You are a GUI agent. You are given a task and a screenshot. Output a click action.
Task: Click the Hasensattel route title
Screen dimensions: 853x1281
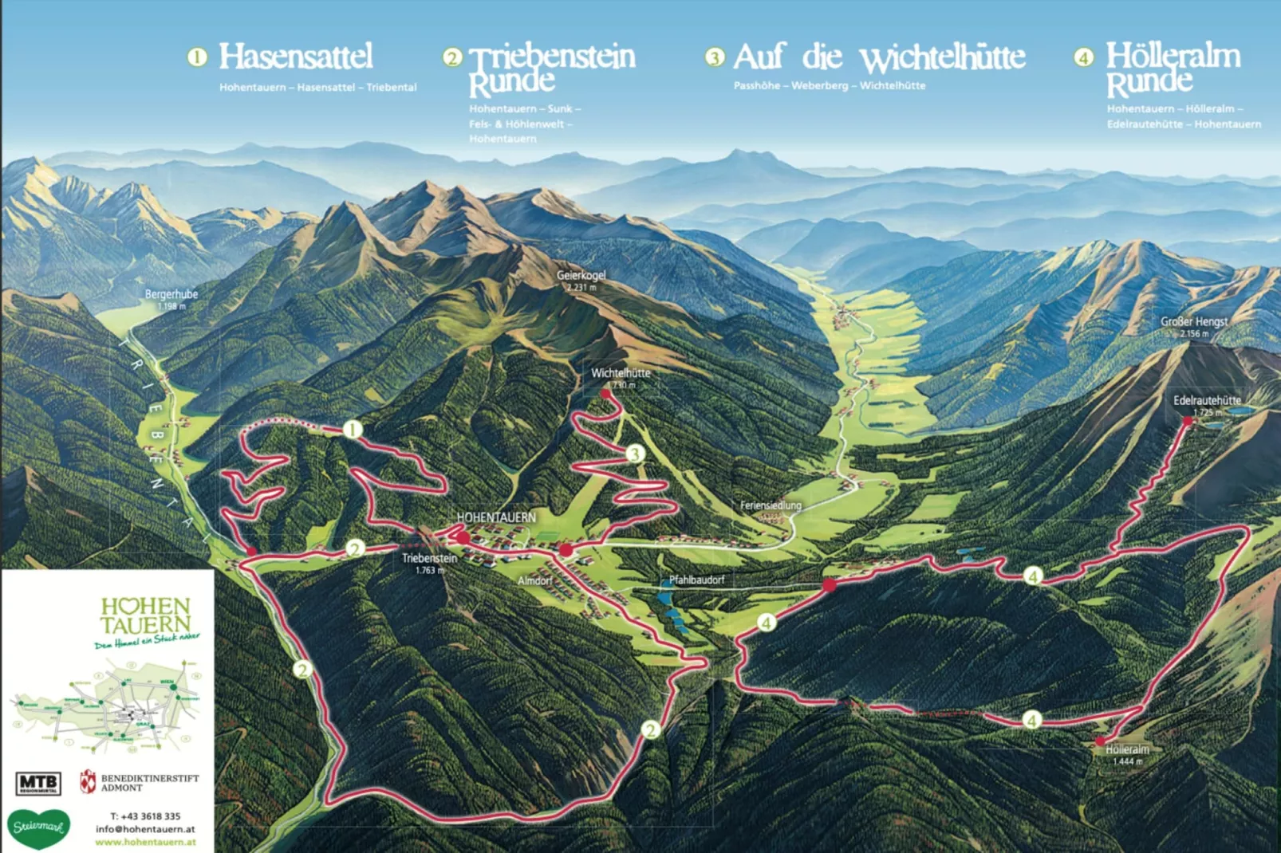point(295,57)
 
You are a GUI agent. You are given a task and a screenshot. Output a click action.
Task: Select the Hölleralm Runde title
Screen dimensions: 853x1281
point(1173,69)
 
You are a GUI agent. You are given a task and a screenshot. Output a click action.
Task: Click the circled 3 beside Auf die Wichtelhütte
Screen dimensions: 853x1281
point(715,57)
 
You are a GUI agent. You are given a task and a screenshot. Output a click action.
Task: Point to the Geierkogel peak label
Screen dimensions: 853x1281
point(581,276)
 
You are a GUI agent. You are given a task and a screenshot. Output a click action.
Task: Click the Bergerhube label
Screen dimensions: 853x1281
point(171,295)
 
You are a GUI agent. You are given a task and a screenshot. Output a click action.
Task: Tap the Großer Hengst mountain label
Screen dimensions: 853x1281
point(1193,322)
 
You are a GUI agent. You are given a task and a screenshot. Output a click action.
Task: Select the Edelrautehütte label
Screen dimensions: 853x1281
point(1206,401)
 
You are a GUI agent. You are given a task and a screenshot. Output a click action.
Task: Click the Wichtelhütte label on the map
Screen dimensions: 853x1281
point(620,373)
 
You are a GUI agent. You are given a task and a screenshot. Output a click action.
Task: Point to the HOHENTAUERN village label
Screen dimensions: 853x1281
point(496,517)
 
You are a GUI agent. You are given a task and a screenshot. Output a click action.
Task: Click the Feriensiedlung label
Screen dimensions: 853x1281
point(770,505)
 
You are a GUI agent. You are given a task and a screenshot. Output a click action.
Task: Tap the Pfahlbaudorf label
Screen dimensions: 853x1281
point(696,580)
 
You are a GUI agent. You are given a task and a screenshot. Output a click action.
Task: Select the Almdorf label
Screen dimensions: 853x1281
point(534,580)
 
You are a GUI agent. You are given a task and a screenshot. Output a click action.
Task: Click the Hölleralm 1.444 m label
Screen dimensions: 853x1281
point(1126,754)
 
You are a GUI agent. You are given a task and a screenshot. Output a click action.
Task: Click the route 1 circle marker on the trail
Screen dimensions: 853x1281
point(353,430)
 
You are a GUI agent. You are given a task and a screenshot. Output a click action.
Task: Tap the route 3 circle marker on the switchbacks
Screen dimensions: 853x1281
point(635,454)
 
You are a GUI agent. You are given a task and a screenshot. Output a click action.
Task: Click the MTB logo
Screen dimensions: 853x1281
point(37,783)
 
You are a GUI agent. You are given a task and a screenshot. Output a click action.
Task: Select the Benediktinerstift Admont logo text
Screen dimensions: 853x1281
point(148,782)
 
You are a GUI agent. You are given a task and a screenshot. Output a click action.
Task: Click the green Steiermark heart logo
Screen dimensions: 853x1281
point(38,827)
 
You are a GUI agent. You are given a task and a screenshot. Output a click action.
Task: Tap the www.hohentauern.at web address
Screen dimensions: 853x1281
point(145,842)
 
